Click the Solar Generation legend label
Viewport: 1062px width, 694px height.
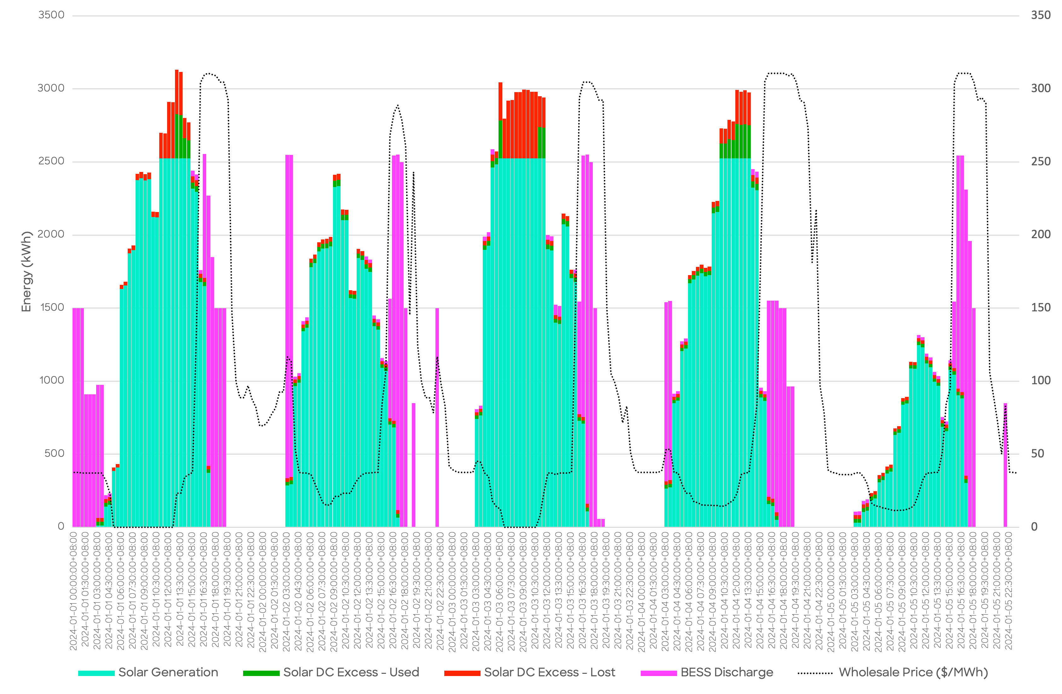point(168,672)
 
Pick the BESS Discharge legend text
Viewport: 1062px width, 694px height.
point(726,672)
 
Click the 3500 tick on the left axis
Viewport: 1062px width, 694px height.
point(51,15)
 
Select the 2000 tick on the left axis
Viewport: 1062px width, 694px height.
point(51,234)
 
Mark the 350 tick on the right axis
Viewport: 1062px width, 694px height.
point(1041,15)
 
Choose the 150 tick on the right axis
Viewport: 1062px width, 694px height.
point(1041,308)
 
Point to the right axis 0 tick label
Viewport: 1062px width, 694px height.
point(1034,526)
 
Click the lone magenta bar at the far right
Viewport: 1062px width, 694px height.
point(1005,464)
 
